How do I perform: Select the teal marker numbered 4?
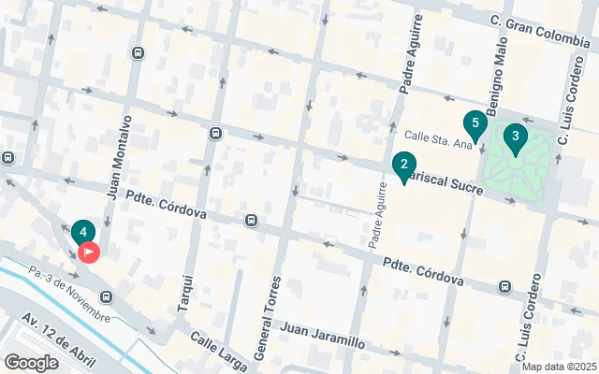point(83,232)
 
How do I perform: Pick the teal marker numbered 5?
point(475,124)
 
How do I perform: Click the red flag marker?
point(89,252)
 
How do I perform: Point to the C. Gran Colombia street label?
point(539,22)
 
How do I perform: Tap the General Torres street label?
point(266,318)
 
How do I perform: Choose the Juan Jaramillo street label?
point(322,335)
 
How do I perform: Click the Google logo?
point(31,362)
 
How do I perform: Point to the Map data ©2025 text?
point(558,367)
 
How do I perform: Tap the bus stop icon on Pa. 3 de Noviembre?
point(107,297)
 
